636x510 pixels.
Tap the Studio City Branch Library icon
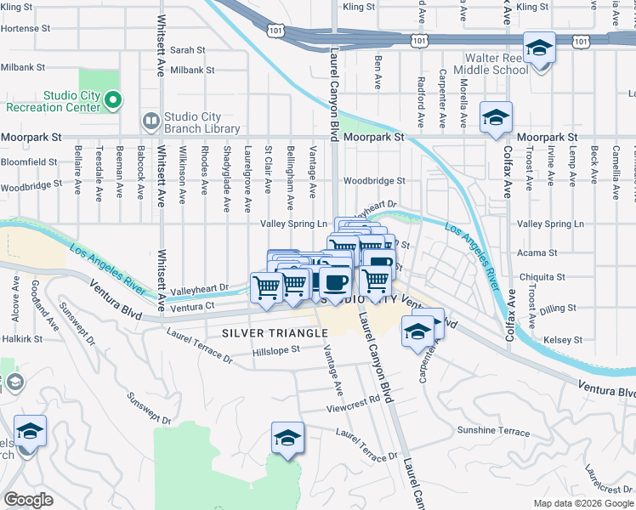coord(150,122)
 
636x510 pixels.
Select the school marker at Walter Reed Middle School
coord(538,48)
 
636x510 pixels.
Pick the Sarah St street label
coord(188,50)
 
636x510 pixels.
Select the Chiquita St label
coord(542,277)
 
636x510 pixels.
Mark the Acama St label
coord(537,252)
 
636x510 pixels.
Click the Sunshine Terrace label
coord(492,431)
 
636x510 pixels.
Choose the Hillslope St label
coord(276,349)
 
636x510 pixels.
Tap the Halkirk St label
coord(17,338)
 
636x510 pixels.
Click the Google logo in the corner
coord(28,499)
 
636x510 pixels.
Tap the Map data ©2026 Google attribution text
coord(582,503)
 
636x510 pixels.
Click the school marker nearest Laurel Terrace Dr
coord(287,439)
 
